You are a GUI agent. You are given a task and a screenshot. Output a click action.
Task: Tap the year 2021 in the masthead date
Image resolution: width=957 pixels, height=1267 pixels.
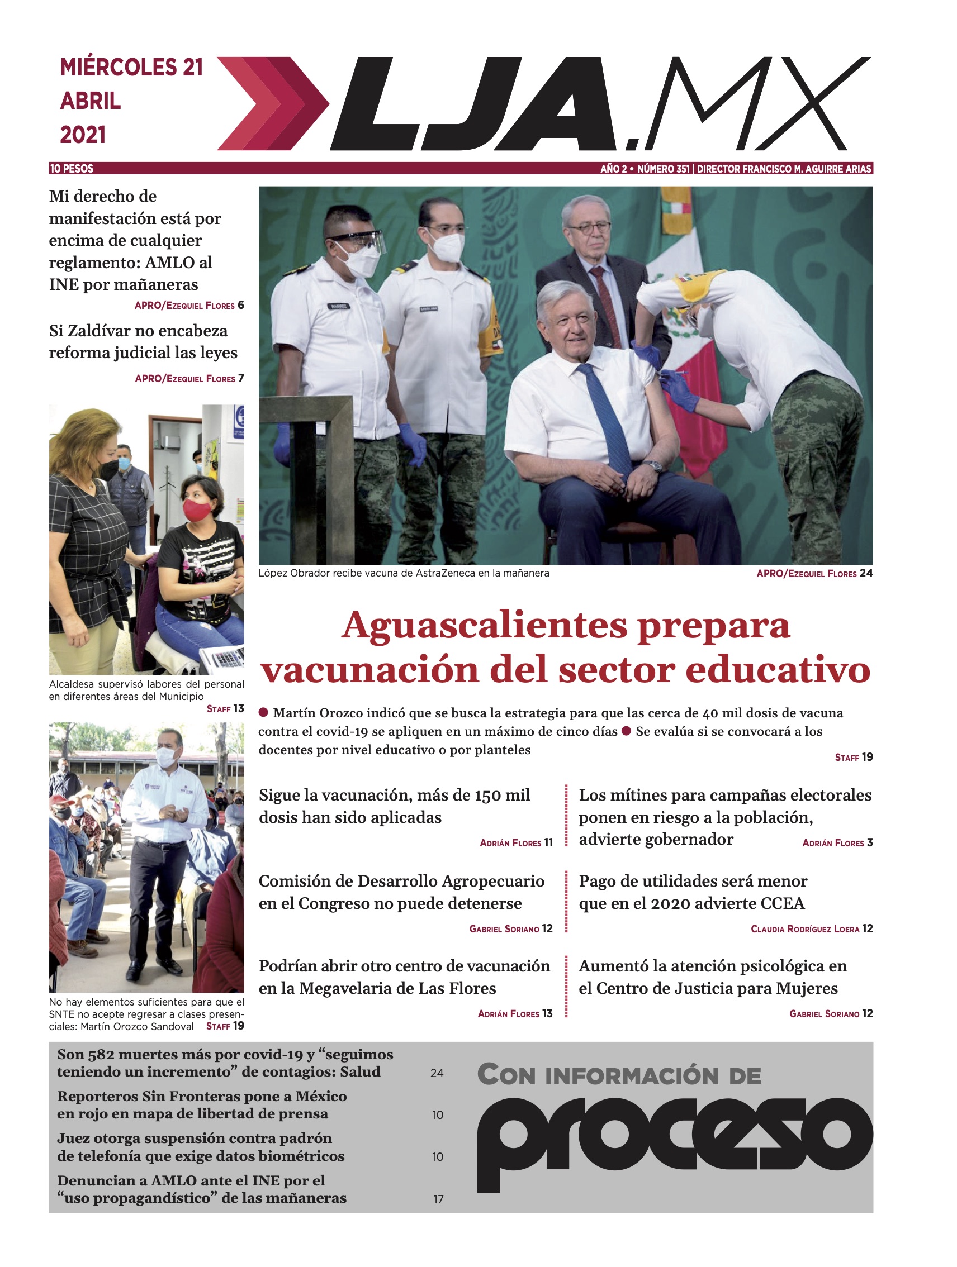(83, 135)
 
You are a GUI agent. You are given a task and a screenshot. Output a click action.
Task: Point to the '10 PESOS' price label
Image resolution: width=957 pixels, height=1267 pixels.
(72, 168)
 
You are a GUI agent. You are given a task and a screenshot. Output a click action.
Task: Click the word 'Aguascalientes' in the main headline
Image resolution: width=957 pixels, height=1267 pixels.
(484, 626)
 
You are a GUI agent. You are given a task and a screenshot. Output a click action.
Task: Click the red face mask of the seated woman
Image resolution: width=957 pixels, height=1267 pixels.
(197, 509)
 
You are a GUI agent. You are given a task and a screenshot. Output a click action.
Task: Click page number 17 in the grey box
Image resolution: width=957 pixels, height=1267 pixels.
(438, 1199)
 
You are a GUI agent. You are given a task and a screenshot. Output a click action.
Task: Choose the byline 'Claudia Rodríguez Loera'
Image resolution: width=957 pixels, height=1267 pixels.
(804, 929)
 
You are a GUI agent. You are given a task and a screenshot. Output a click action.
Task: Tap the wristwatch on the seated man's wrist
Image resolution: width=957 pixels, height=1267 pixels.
(653, 466)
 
